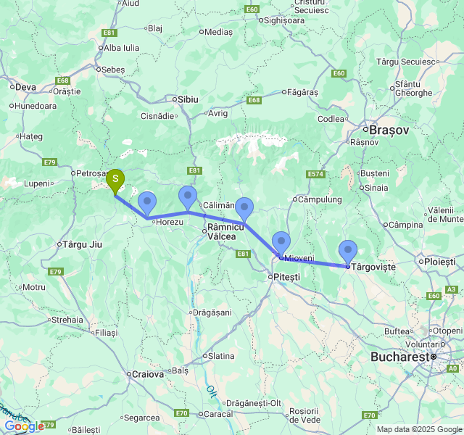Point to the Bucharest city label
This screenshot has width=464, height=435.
398,357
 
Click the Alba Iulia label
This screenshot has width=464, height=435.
121,48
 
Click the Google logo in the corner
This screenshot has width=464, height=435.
23,426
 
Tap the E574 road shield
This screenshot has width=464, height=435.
315,175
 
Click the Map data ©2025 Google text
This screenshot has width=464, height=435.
418,429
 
